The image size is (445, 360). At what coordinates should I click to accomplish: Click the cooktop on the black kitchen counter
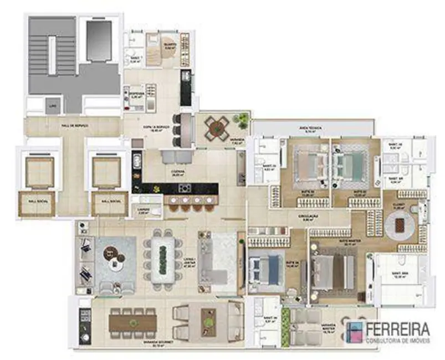185,188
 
